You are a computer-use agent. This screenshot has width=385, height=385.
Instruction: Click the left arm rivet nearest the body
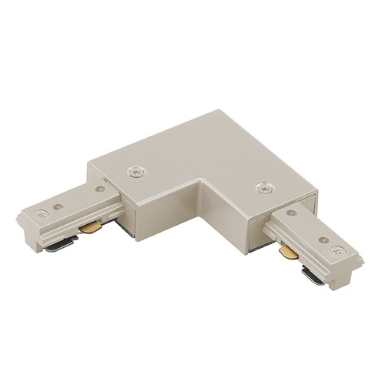99,188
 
